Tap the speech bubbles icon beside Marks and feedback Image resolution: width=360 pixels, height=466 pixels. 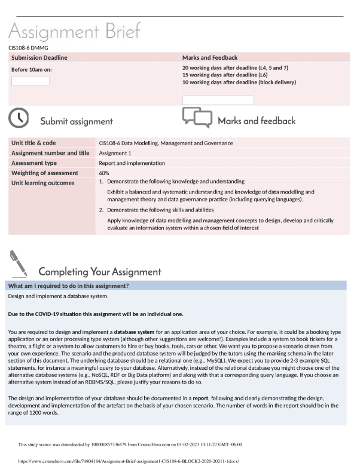pos(197,119)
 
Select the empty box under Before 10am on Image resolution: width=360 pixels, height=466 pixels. pos(30,81)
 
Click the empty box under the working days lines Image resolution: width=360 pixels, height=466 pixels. pos(218,100)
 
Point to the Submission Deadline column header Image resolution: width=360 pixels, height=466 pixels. pos(39,57)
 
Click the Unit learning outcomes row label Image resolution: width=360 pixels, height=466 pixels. pos(41,182)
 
